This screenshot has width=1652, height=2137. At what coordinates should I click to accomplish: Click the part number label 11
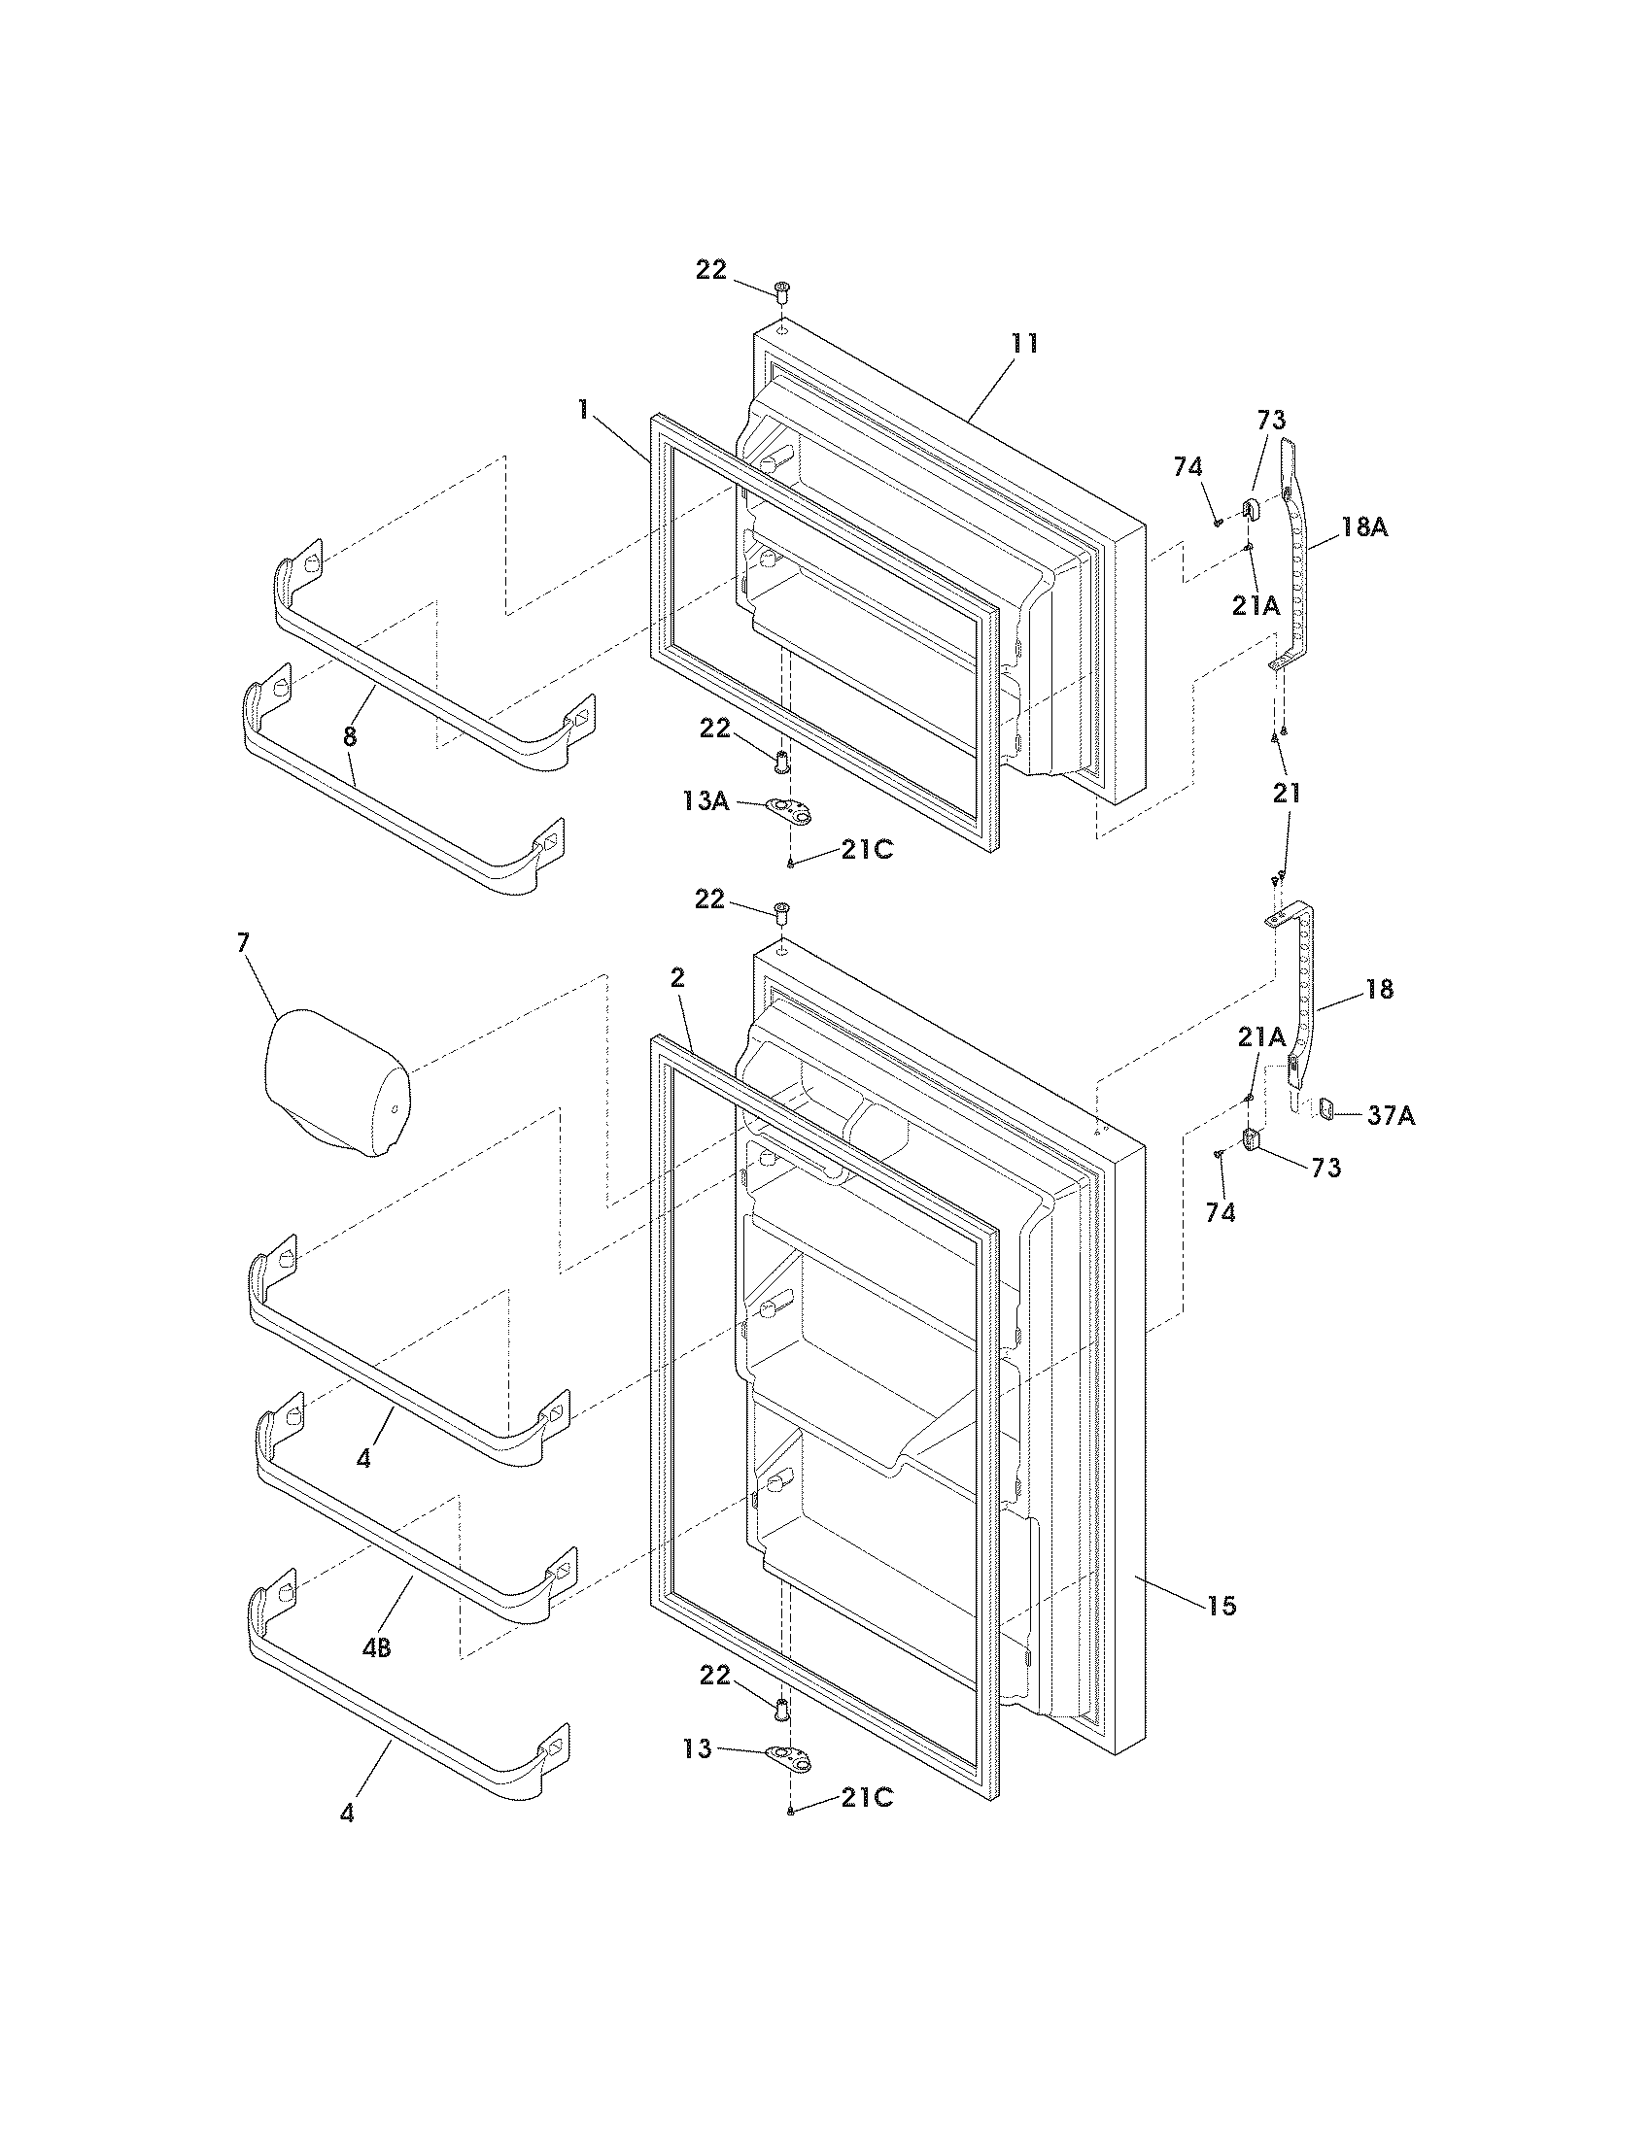tap(1024, 344)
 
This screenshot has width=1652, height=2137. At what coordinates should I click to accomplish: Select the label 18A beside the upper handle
tap(1364, 527)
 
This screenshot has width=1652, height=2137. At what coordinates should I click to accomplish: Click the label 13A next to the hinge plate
tap(706, 801)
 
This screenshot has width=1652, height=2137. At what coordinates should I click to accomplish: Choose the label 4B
tap(376, 1648)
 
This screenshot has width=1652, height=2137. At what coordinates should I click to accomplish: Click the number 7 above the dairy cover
tap(243, 942)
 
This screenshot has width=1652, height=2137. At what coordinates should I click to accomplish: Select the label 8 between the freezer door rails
tap(350, 736)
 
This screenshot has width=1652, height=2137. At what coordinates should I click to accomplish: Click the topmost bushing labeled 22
tap(782, 290)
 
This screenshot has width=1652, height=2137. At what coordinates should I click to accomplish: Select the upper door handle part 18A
tap(1297, 558)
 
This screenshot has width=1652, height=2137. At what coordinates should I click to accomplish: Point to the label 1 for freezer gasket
tap(583, 409)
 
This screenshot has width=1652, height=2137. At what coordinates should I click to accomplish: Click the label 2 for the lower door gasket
tap(677, 977)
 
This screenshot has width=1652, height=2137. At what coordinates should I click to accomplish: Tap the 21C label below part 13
tap(866, 1797)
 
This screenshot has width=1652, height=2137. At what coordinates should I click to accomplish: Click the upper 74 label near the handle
tap(1187, 468)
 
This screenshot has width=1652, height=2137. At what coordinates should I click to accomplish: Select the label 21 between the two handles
tap(1286, 792)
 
